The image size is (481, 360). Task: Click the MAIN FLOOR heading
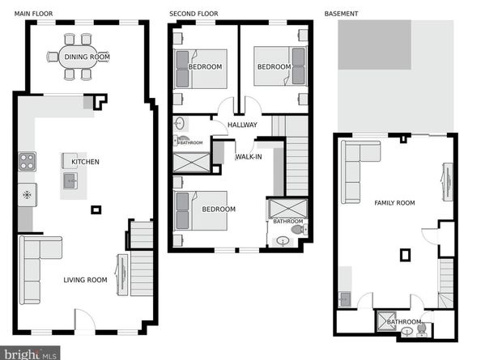pos(33,14)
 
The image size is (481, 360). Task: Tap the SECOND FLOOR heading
pos(194,14)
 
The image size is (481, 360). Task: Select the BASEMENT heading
pos(341,14)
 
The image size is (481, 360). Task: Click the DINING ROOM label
pos(87,57)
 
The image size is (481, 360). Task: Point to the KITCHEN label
pos(85,162)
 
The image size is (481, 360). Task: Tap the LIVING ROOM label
pos(85,280)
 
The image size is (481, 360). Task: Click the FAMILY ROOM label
pos(394,203)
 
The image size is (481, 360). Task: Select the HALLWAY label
pos(242,125)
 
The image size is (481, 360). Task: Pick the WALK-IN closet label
pos(249,157)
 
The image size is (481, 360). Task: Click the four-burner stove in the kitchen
pos(27,161)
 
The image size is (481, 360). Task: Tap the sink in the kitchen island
pos(70,180)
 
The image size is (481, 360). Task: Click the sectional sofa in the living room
pos(40,270)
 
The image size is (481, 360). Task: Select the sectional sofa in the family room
pos(361,172)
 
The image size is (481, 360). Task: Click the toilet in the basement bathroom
pos(422,329)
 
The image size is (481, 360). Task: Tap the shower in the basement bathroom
pos(386,321)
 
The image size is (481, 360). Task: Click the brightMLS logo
pos(30,354)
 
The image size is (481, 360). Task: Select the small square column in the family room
pos(405,255)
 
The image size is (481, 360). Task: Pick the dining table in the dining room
pos(79,57)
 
